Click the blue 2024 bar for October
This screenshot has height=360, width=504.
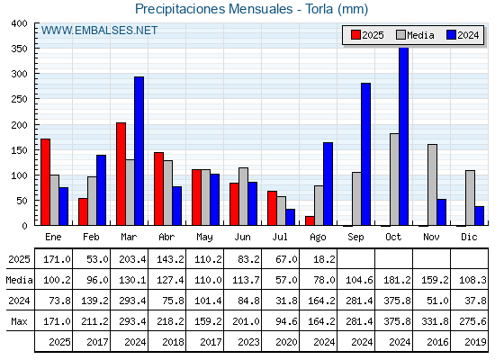pos(403,136)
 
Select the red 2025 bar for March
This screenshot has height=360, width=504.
pos(121,174)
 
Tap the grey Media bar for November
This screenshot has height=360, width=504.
pos(432,184)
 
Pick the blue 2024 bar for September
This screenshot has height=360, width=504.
pos(365,154)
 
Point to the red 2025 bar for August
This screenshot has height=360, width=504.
pos(310,220)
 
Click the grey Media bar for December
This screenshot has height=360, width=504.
pos(470,198)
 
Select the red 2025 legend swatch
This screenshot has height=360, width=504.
pos(355,35)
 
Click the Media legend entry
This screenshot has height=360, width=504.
pos(415,35)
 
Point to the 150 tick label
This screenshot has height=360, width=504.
pos(19,150)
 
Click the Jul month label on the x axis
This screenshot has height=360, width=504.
pos(280,237)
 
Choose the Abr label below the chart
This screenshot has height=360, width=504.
pos(166,237)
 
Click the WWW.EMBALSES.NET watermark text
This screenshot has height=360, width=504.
pos(99,31)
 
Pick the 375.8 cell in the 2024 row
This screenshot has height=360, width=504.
pos(397,301)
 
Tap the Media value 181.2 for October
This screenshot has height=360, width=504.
pos(397,280)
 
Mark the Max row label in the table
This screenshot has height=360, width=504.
pos(19,321)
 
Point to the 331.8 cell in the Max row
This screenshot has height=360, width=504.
pos(435,321)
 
